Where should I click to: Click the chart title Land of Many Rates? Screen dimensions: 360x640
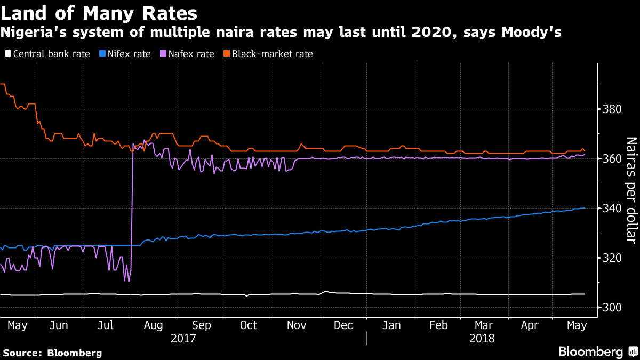point(99,13)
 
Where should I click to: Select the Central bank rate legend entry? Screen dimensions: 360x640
point(47,54)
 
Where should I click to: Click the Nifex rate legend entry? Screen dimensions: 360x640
point(125,54)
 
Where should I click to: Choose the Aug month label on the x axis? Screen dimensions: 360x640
point(154,325)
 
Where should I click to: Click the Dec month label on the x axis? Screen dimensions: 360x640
point(343,325)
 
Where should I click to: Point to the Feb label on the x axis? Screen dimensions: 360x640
point(438,325)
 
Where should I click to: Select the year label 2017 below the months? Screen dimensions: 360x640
point(183,339)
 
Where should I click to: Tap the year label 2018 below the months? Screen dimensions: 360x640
point(482,339)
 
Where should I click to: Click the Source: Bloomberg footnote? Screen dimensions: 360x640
point(52,353)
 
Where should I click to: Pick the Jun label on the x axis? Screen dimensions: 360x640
point(59,325)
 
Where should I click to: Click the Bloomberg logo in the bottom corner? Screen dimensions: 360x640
point(597,351)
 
